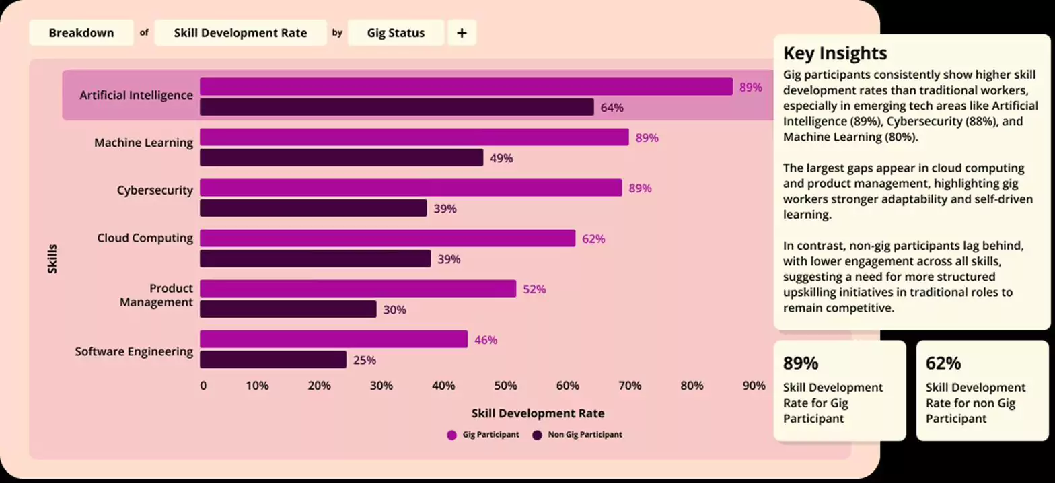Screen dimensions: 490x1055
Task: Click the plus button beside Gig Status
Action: coord(462,33)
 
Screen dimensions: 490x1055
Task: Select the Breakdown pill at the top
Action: coord(81,33)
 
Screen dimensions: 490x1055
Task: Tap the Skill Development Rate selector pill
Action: coord(240,33)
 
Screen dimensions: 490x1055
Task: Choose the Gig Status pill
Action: coord(396,33)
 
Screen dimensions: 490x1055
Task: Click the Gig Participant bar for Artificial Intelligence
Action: coord(466,87)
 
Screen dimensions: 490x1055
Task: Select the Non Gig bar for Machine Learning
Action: coord(341,158)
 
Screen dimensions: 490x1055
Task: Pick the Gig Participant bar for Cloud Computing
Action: coord(388,238)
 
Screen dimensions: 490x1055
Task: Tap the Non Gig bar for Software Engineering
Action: coord(273,360)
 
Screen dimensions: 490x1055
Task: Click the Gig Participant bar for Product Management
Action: coord(358,289)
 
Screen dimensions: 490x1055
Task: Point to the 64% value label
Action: coord(612,108)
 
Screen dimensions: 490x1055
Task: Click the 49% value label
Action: coord(501,158)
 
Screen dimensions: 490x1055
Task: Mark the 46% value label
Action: coord(486,340)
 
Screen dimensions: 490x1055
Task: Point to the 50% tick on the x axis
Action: coord(505,386)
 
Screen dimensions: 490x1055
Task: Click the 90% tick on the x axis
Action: coord(754,386)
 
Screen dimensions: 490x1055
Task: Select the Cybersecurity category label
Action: coord(155,190)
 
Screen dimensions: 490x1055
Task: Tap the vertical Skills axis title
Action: coord(52,258)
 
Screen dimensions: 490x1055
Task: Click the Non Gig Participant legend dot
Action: coord(537,435)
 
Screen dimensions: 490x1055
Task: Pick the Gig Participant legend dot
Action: coord(451,435)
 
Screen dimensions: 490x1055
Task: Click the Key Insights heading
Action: coord(834,53)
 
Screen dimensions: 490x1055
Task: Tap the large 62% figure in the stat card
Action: coord(943,363)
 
